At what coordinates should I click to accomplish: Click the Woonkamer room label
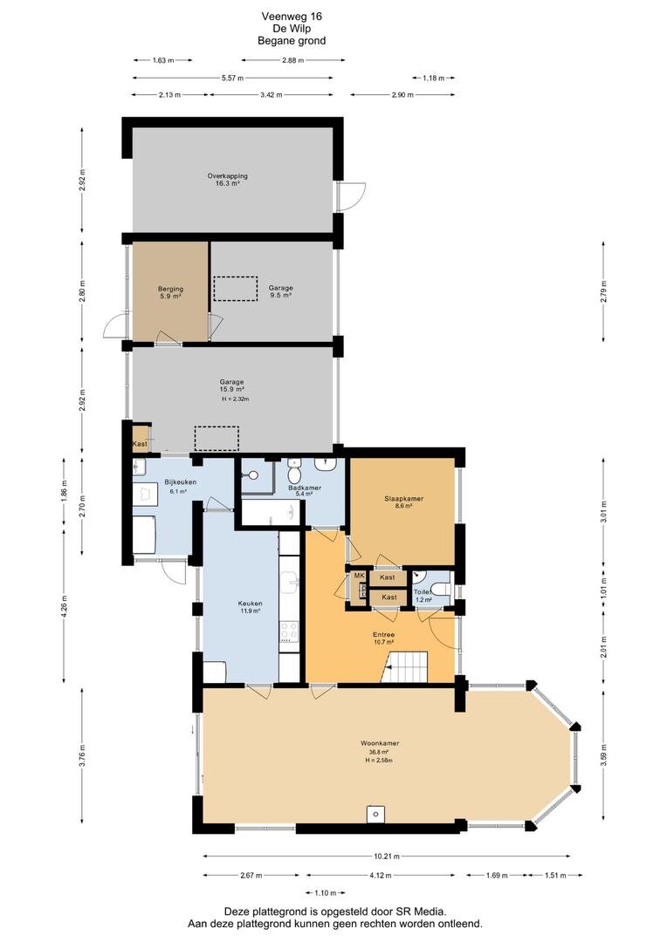pyautogui.click(x=380, y=743)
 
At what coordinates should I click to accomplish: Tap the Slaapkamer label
pyautogui.click(x=404, y=499)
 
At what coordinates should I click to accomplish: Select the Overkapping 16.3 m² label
pyautogui.click(x=227, y=180)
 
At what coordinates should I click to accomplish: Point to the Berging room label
pyautogui.click(x=171, y=289)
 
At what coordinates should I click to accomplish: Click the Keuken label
pyautogui.click(x=250, y=604)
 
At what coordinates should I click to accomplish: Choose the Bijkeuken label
pyautogui.click(x=181, y=481)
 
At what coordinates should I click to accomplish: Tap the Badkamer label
pyautogui.click(x=305, y=488)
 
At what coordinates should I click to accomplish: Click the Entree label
pyautogui.click(x=384, y=634)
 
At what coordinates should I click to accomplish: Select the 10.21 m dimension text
pyautogui.click(x=386, y=857)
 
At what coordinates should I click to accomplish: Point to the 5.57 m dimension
pyautogui.click(x=231, y=78)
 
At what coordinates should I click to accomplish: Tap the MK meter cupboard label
pyautogui.click(x=360, y=576)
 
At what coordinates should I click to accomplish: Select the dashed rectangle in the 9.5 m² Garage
pyautogui.click(x=235, y=289)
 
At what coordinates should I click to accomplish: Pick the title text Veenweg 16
pyautogui.click(x=291, y=17)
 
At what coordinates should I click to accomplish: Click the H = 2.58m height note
pyautogui.click(x=379, y=760)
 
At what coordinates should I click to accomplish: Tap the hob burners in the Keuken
pyautogui.click(x=289, y=631)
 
